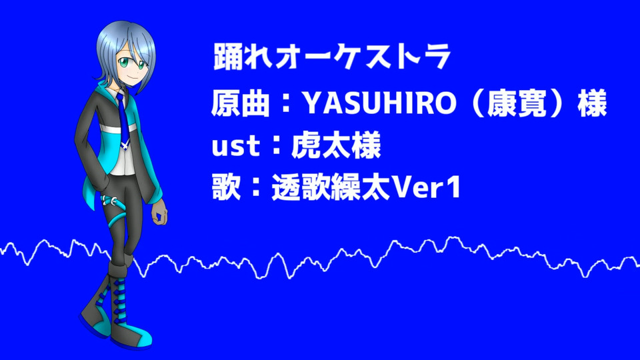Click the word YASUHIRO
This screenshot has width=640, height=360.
[x=380, y=103]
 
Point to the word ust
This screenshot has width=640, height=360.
[x=235, y=147]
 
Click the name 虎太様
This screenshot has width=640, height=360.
[x=336, y=145]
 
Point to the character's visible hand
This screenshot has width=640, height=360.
[x=159, y=211]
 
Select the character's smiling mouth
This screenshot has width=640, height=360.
[x=130, y=77]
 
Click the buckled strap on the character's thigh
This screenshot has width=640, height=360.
[x=111, y=201]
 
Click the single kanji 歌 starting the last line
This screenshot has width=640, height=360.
[x=226, y=188]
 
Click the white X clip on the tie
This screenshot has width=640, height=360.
[x=124, y=143]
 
